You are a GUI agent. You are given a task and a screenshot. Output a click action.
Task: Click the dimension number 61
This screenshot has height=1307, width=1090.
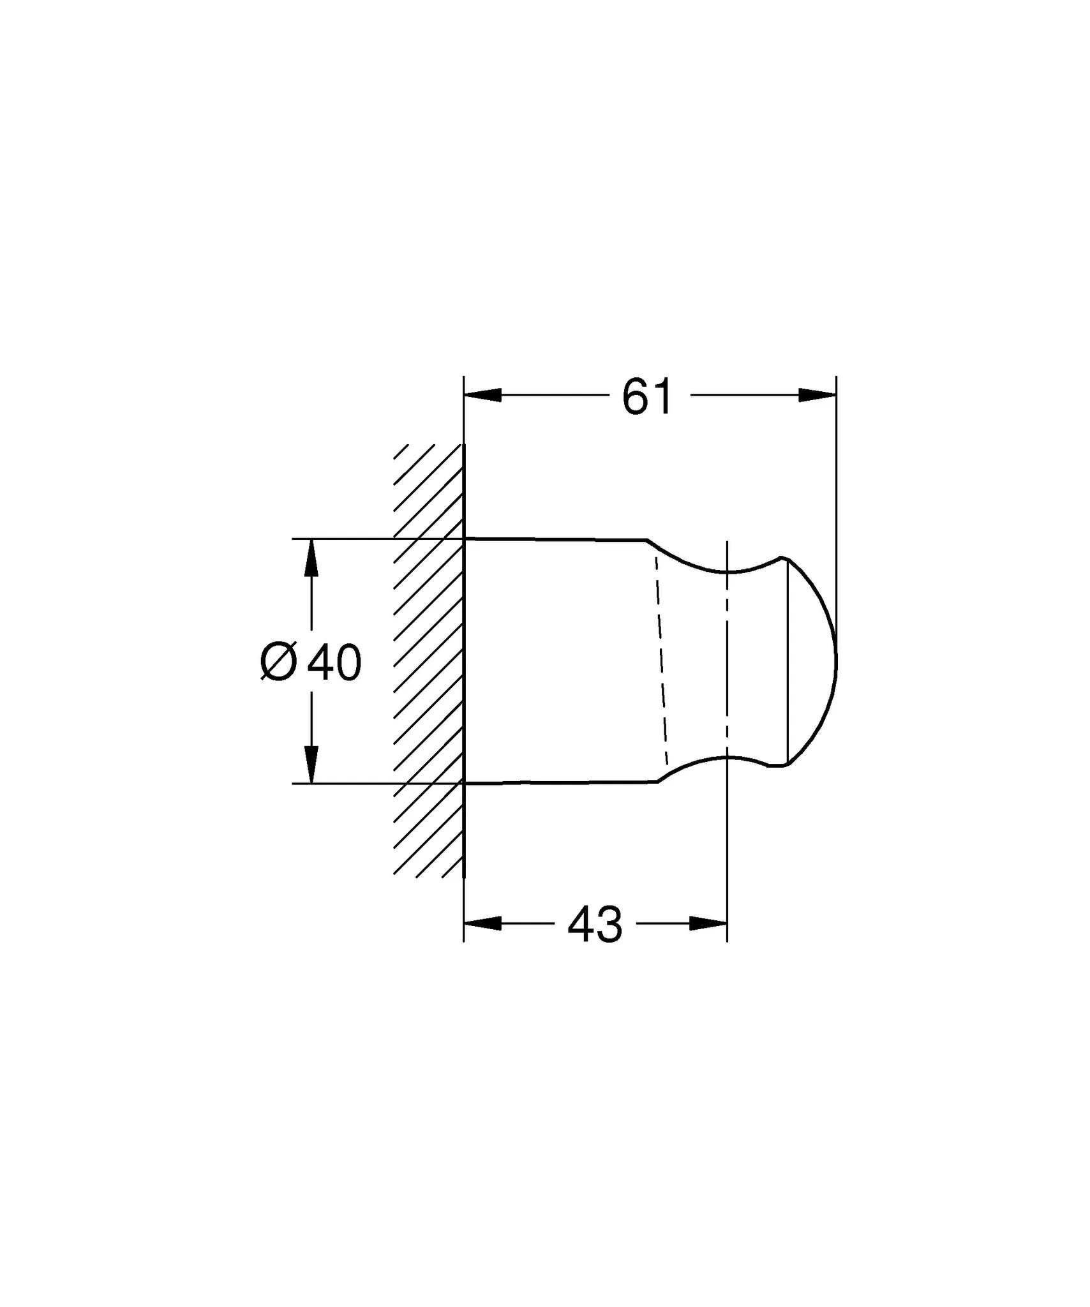pos(647,397)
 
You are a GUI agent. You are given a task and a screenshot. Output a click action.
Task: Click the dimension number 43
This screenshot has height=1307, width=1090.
pos(594,925)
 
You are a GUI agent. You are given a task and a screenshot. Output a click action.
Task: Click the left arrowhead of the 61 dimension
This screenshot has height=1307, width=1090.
pos(482,396)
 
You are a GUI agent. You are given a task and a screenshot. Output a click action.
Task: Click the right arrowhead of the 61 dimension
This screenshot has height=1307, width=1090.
pos(817,396)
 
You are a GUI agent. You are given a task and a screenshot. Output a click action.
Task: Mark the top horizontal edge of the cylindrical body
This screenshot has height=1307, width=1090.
pos(555,540)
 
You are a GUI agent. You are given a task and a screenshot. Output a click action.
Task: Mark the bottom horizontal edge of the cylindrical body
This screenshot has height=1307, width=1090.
pos(555,782)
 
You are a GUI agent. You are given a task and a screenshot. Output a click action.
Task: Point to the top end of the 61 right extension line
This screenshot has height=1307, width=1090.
pos(836,378)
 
